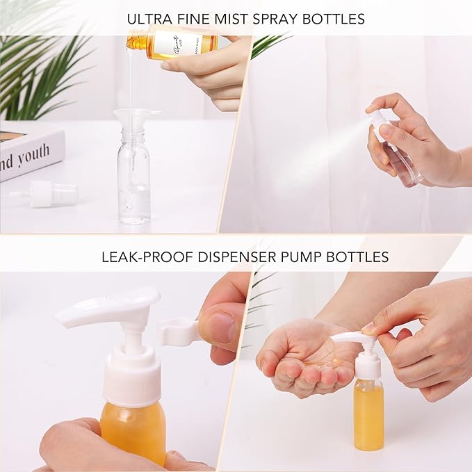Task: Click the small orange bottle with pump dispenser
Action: tap(368, 414)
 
